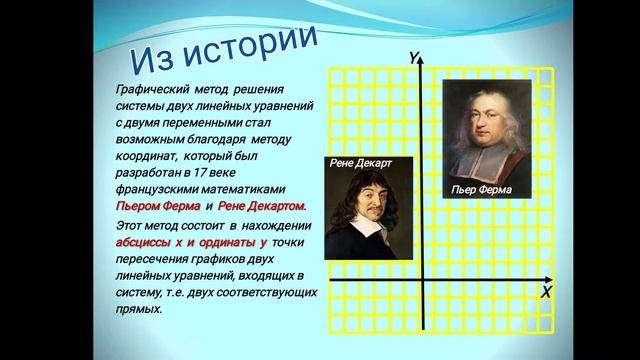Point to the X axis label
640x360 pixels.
pos(546,292)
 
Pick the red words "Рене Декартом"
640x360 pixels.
pos(261,205)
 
